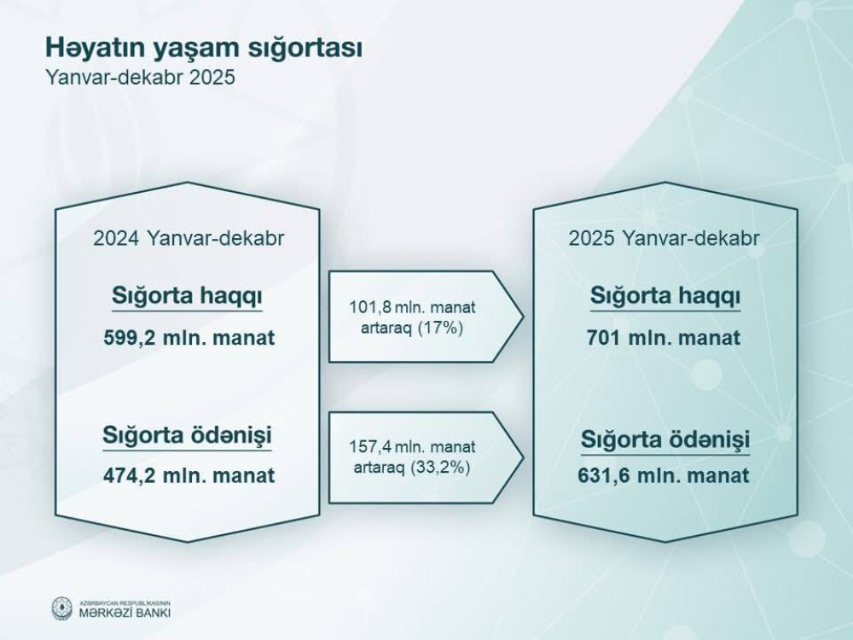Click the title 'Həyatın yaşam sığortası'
[x=204, y=48]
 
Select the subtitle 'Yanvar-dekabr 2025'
[x=141, y=78]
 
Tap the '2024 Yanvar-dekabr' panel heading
[x=189, y=238]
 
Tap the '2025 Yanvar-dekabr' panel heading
[x=664, y=238]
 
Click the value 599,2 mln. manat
[x=189, y=337]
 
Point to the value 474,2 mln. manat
[x=189, y=475]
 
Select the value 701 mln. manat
[x=663, y=337]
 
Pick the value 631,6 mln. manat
[x=663, y=475]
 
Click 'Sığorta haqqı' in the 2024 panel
[x=187, y=297]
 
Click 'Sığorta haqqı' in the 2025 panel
[x=665, y=297]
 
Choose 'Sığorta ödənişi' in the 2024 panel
[x=187, y=436]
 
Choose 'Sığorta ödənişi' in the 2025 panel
[x=665, y=440]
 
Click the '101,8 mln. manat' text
[x=412, y=307]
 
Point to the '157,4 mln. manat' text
[x=412, y=447]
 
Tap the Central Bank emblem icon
[x=62, y=608]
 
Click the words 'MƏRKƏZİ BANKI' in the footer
[x=125, y=612]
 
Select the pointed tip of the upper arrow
[x=524, y=317]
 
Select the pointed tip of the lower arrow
[x=524, y=457]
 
